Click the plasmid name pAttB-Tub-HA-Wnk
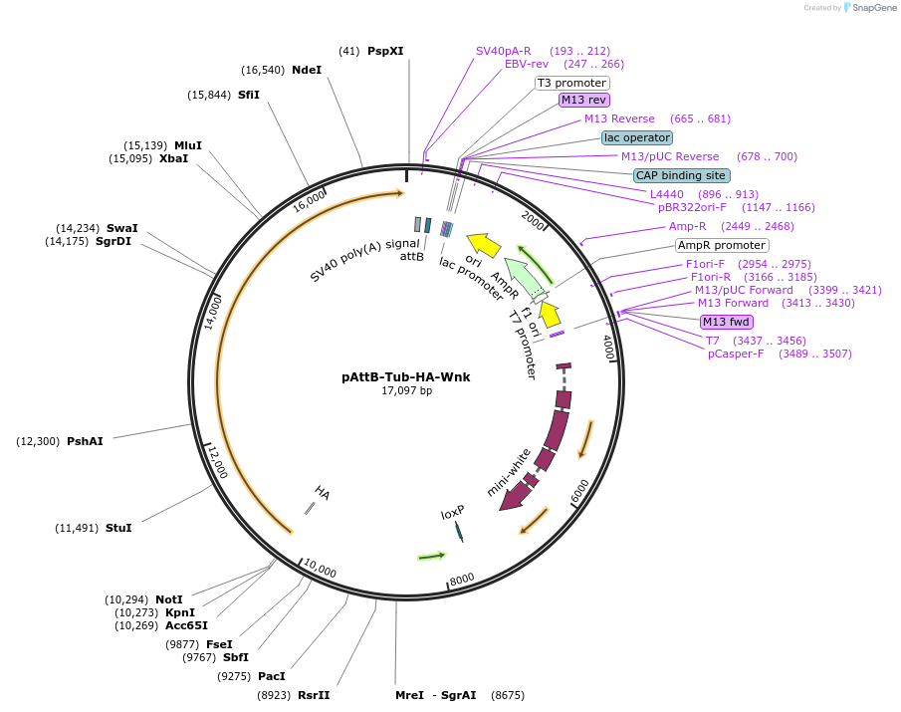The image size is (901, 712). coord(405,377)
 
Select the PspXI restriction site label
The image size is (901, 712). coord(385,51)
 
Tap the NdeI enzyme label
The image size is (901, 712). coord(307,70)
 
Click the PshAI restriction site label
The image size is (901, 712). coord(85,441)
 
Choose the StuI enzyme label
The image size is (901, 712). coord(118,528)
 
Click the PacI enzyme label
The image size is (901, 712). coord(272,676)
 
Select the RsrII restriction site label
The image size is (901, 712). coord(314,695)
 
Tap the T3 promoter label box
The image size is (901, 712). coord(572,83)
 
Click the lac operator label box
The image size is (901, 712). coord(637,137)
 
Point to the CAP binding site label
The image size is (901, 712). coord(681,175)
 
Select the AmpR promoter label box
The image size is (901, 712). coord(722,245)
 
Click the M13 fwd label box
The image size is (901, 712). coord(727,322)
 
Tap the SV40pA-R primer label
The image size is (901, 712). coord(503,51)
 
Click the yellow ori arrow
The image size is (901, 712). coord(484,243)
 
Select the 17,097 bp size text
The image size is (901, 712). coord(406,391)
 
